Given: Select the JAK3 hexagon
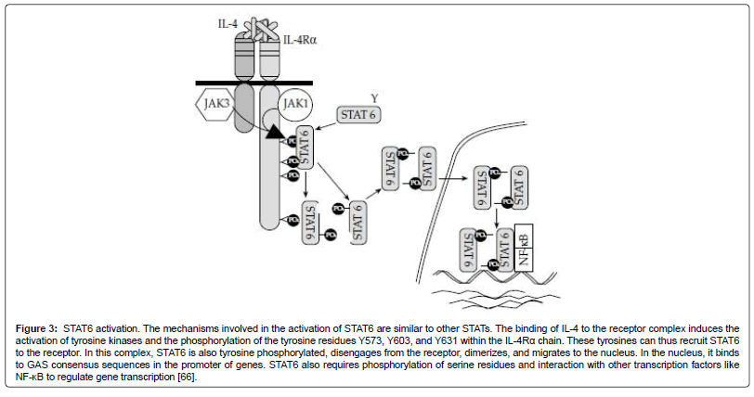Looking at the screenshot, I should point(214,106).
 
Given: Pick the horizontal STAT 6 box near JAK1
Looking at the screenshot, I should point(357,114).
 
